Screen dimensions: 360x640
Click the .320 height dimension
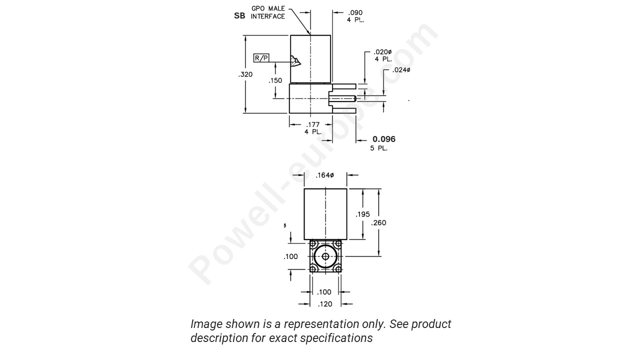tap(245, 74)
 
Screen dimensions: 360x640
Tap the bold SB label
tap(239, 16)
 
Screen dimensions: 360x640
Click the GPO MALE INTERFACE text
tap(267, 12)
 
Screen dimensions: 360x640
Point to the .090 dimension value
tap(355, 12)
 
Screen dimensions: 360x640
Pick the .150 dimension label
tap(275, 80)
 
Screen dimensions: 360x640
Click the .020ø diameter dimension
tap(382, 52)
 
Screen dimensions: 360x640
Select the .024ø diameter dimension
tap(401, 70)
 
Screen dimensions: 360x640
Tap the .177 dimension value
tap(313, 124)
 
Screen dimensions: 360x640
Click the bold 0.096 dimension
tap(384, 139)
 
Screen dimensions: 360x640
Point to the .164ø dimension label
tap(325, 175)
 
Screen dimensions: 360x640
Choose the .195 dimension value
tap(363, 214)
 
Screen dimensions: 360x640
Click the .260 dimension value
tap(378, 223)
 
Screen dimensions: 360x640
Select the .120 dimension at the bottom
tap(325, 304)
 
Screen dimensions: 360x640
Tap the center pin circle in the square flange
tap(325, 256)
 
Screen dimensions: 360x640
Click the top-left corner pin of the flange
tap(313, 244)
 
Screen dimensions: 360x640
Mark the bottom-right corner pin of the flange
tap(338, 269)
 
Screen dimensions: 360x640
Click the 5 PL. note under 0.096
tap(378, 148)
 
